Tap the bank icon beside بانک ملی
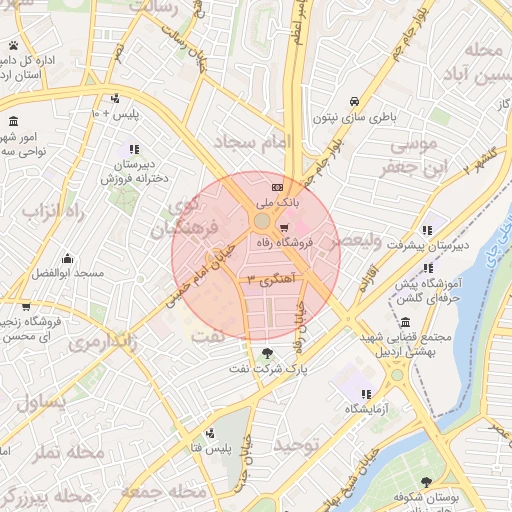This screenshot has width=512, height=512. click(276, 188)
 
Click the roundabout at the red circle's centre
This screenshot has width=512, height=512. click(260, 220)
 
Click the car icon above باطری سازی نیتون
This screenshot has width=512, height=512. click(354, 101)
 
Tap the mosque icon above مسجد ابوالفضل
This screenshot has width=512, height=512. click(67, 258)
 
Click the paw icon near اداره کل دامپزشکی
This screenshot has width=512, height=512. click(12, 46)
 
